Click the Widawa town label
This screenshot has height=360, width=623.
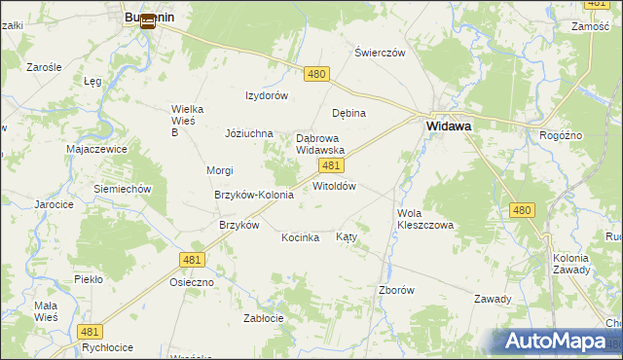(x=449, y=126)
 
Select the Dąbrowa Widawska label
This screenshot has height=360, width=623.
(x=320, y=144)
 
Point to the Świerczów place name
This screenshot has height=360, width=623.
(x=380, y=53)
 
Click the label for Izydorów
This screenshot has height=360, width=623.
(x=267, y=95)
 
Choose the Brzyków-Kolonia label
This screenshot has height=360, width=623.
(x=254, y=195)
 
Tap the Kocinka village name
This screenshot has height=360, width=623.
(x=301, y=237)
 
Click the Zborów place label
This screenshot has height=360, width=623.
(x=396, y=290)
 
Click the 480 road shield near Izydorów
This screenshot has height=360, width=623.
(x=316, y=74)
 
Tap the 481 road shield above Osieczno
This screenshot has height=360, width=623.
(x=192, y=259)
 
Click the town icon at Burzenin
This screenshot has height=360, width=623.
(x=147, y=20)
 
